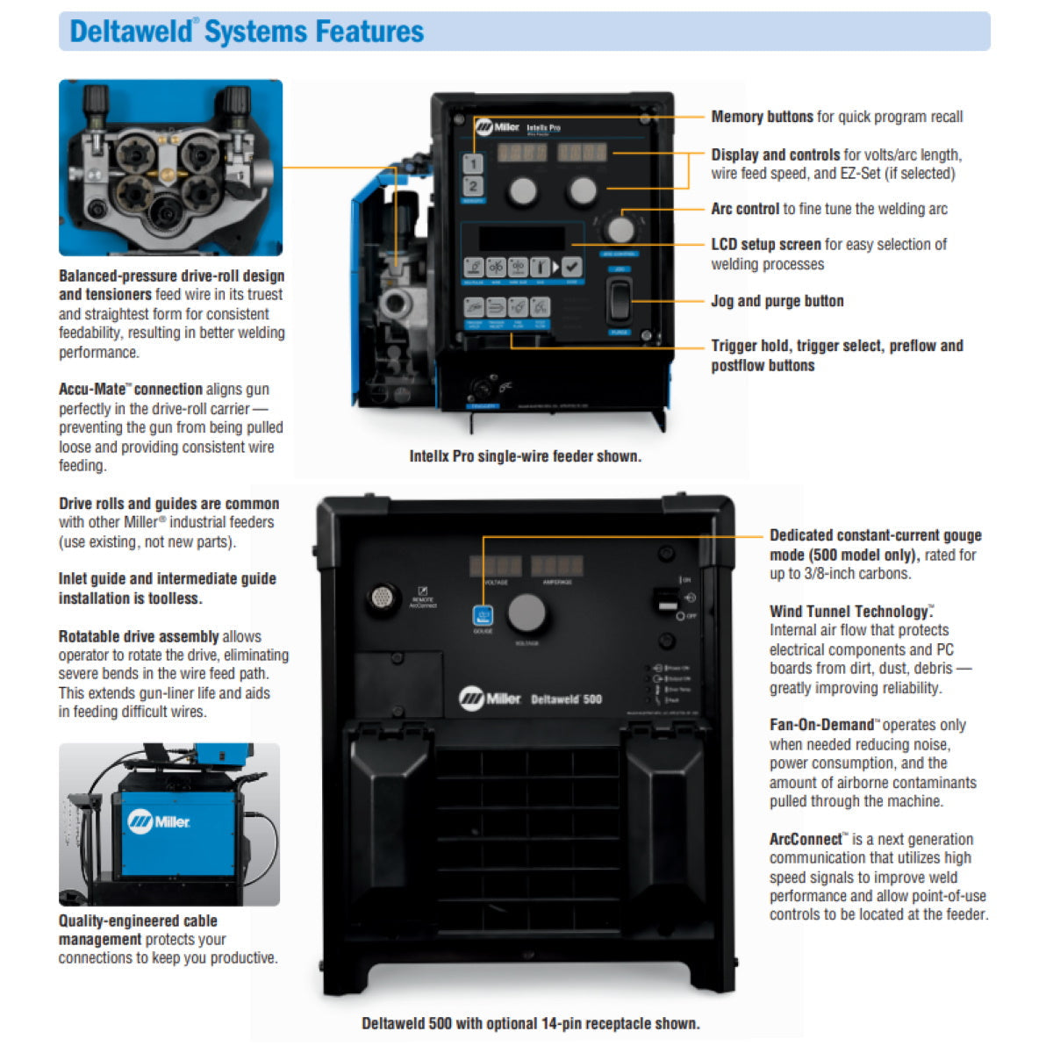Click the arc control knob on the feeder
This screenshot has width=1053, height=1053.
point(620,228)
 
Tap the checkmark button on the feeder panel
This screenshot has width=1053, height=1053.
point(571,267)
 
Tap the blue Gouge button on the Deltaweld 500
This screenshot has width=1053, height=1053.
point(483,615)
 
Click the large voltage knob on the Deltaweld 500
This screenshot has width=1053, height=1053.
point(526,612)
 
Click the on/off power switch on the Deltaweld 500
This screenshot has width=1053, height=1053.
point(667,600)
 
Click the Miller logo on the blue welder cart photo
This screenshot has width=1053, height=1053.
point(159,822)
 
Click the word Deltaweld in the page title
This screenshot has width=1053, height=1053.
point(132,32)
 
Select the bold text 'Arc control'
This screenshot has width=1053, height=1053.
point(745,209)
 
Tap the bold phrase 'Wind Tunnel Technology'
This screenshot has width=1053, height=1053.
point(849,612)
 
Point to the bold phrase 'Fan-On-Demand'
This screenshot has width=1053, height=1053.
point(820,725)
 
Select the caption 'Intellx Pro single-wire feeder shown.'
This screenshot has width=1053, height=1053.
point(525,456)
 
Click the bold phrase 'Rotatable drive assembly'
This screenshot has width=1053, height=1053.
point(139,636)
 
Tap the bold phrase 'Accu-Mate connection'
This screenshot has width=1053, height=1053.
point(130,389)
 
